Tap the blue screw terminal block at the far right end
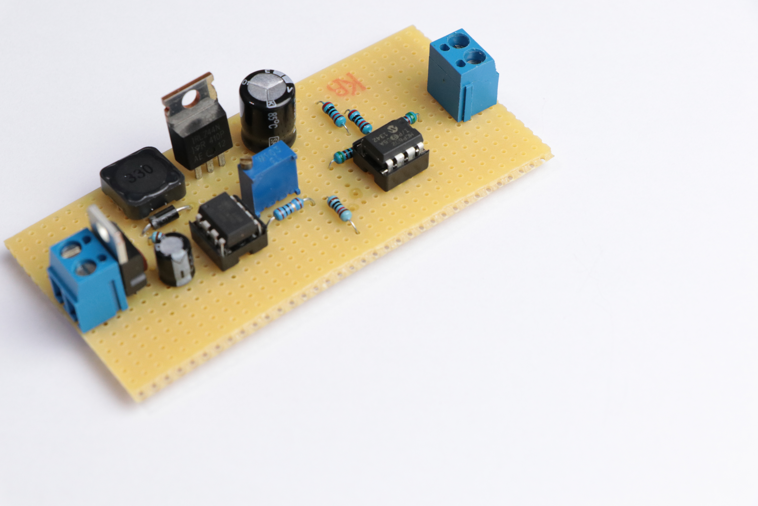click(x=463, y=76)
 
